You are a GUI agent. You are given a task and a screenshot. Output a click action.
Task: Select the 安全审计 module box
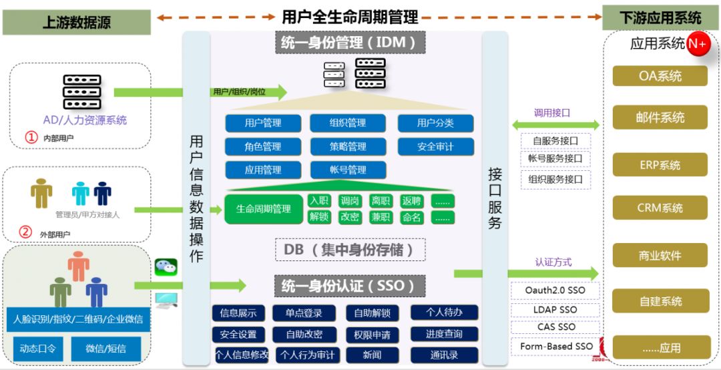(435, 146)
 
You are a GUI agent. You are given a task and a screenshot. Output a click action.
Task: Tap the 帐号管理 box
(347, 170)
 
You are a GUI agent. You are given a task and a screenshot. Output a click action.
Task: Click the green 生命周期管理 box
(263, 209)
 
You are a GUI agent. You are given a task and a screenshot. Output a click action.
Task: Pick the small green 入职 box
(319, 200)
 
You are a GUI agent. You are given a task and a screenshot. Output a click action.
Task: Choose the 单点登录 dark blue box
(303, 313)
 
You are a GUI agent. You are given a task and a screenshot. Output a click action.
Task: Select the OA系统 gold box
(660, 76)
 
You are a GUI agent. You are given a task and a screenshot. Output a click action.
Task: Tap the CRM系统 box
(660, 208)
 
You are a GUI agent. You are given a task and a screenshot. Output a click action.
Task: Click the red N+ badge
(698, 44)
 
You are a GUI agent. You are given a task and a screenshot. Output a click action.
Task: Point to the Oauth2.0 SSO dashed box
(555, 291)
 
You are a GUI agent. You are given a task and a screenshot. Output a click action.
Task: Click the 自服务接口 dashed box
(555, 141)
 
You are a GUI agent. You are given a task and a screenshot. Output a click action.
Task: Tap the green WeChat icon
(166, 267)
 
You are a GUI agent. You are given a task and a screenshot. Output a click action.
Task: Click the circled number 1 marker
(31, 137)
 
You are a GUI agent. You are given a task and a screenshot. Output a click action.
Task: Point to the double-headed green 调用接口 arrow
(555, 125)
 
